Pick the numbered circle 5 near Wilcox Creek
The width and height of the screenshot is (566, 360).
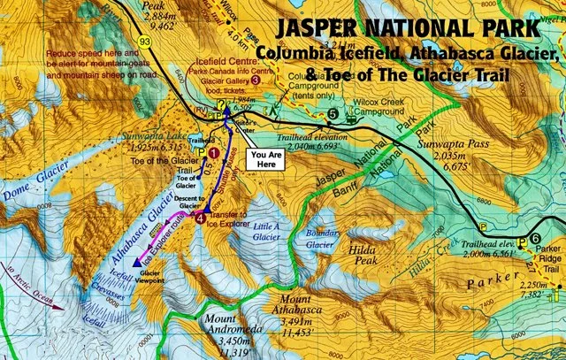(x=332, y=113)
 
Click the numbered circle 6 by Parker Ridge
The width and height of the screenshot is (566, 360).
(x=535, y=239)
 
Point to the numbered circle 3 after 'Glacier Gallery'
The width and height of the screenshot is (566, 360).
(x=256, y=80)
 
